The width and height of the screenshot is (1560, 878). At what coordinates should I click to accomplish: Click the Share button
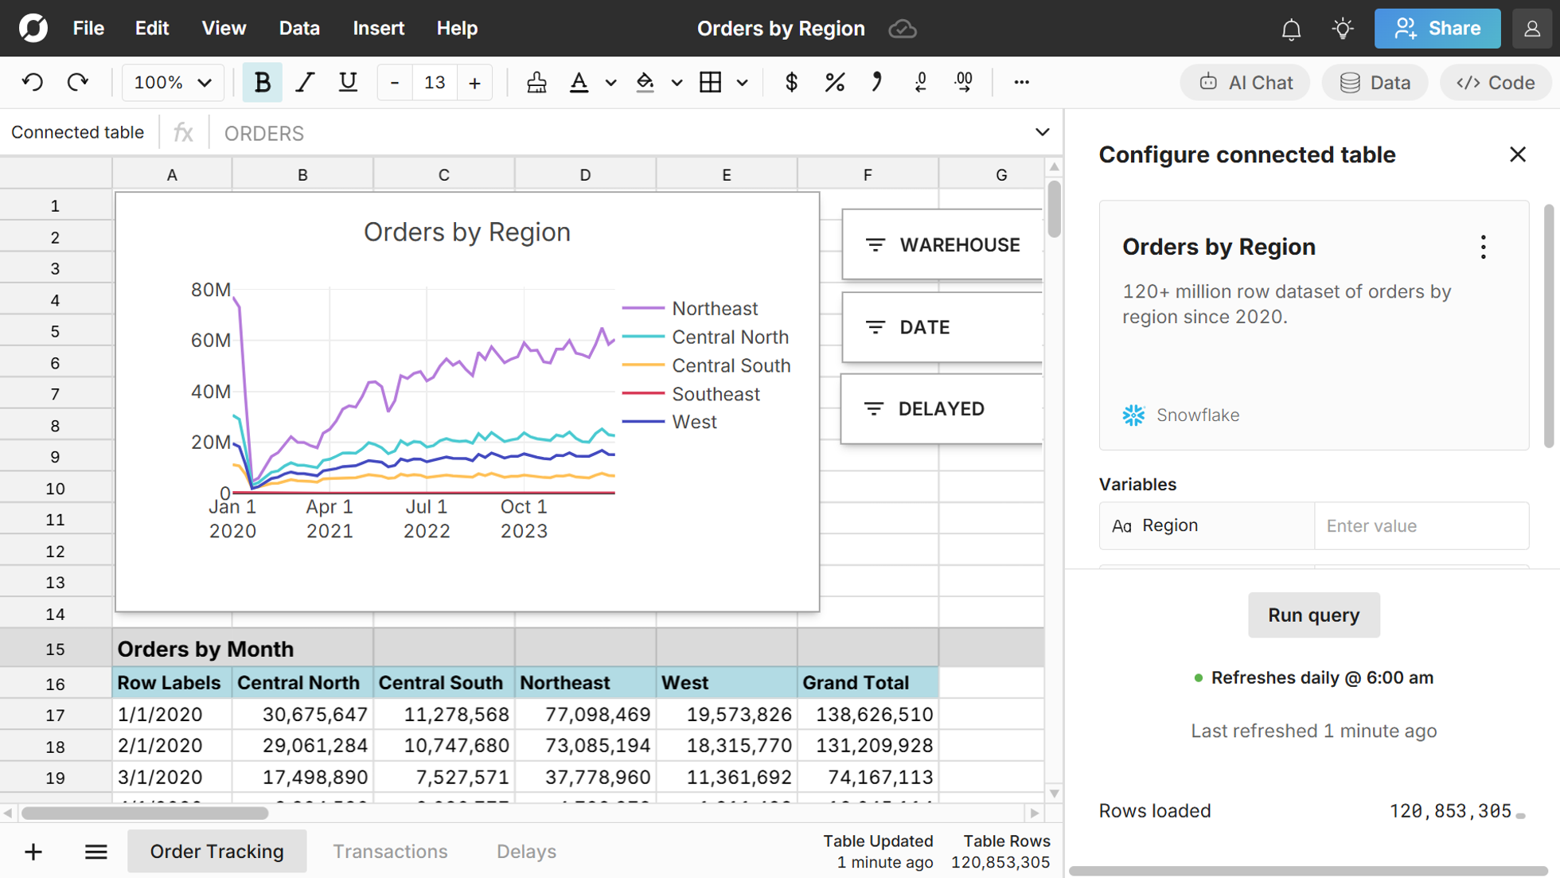(x=1437, y=29)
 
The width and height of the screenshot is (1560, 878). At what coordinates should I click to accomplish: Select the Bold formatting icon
(x=262, y=82)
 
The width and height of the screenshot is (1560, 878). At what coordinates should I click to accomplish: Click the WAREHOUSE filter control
(x=942, y=245)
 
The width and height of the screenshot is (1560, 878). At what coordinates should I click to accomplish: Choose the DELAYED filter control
(x=941, y=409)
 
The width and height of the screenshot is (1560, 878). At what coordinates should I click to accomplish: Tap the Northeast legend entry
(x=714, y=308)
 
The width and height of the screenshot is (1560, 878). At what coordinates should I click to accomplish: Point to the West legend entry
(x=694, y=422)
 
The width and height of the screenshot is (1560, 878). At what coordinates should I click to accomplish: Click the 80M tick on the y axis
(x=210, y=290)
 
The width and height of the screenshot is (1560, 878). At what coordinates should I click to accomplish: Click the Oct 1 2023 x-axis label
(x=523, y=518)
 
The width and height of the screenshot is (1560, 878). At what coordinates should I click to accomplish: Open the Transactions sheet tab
(x=390, y=851)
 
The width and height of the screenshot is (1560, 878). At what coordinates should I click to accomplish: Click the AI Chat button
(x=1245, y=83)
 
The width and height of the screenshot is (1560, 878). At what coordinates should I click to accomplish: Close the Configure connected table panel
(x=1517, y=154)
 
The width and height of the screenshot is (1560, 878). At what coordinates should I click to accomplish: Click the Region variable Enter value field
(x=1421, y=526)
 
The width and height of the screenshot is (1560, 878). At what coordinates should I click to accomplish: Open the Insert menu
(x=378, y=29)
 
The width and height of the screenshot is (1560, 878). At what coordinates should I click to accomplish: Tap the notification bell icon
(x=1291, y=29)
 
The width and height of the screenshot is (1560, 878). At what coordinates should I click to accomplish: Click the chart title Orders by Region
(x=467, y=232)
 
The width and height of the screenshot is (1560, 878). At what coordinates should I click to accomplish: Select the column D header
(x=585, y=174)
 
